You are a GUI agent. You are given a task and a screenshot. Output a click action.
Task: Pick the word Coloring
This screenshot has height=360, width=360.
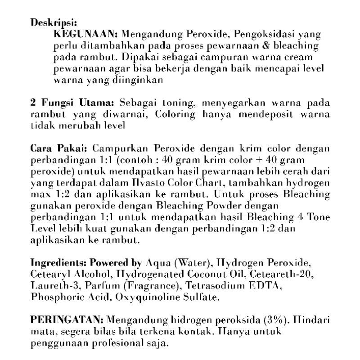[x=175, y=115]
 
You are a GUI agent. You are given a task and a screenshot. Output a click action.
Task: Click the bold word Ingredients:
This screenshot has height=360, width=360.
[x=59, y=263]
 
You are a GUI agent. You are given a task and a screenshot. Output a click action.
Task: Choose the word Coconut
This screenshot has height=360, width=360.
[x=197, y=274]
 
